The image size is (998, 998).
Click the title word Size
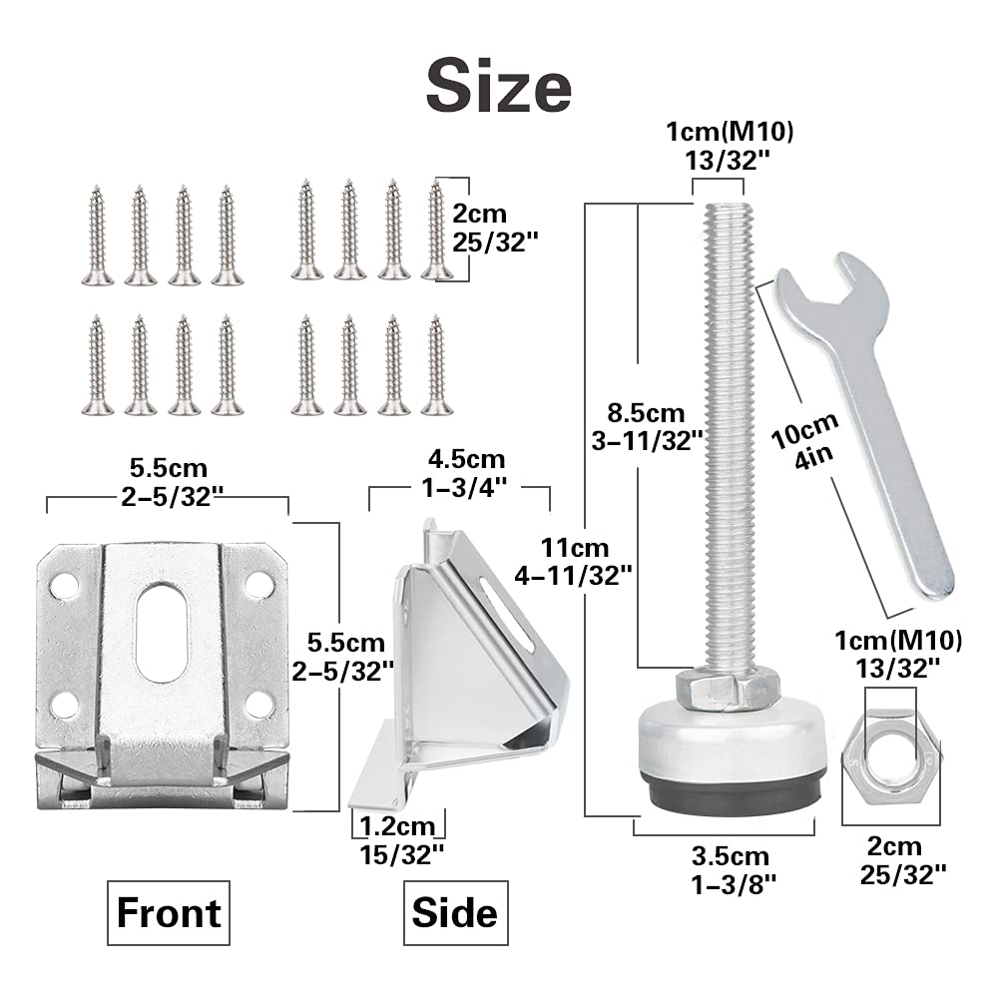pos(499,88)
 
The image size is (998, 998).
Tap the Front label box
pos(169,913)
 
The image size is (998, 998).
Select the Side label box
pos(455,913)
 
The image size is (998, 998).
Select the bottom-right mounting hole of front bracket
pos(258,704)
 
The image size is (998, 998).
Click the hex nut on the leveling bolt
pos(727,688)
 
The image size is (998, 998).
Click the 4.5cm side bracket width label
pos(460,473)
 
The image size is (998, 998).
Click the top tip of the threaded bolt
pos(725,208)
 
